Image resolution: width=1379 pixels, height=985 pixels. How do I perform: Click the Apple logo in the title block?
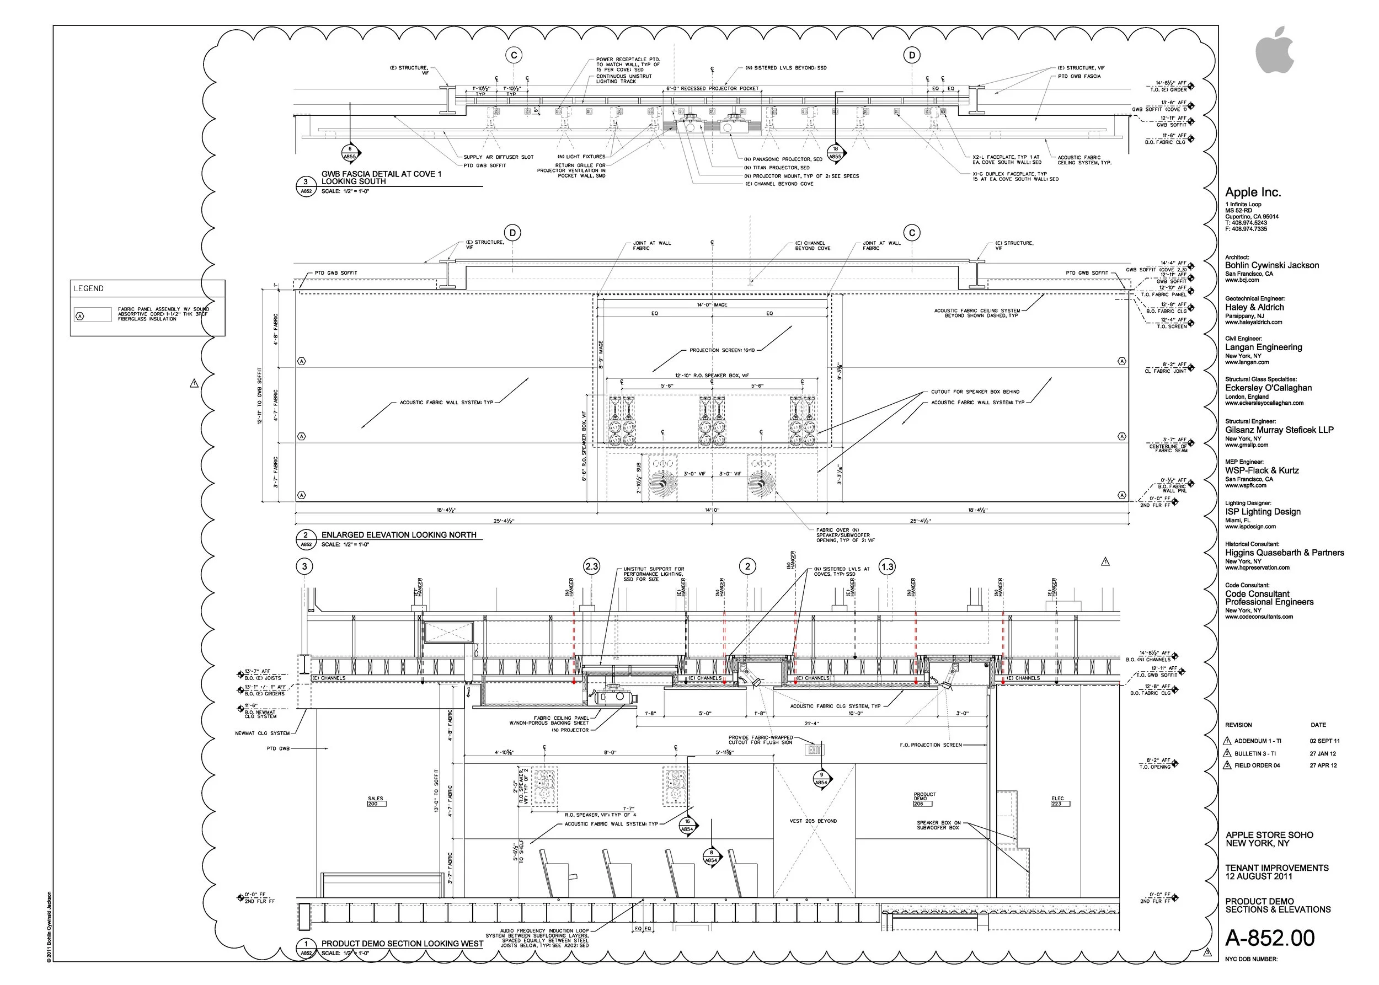pos(1274,50)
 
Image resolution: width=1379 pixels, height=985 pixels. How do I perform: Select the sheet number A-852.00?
pos(1269,938)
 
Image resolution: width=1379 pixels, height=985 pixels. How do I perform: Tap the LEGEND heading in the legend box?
pos(89,288)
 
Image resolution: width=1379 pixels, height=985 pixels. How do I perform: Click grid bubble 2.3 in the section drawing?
pos(591,566)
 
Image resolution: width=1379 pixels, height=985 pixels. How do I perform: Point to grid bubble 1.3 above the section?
pos(887,566)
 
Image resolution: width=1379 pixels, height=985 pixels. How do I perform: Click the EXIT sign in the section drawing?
pos(814,750)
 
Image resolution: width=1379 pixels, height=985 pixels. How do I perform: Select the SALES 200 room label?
pos(376,801)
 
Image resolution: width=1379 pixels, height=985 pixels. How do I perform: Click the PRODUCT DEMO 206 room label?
pos(924,799)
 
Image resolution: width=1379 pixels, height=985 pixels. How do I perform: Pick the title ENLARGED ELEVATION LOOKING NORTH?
pos(399,535)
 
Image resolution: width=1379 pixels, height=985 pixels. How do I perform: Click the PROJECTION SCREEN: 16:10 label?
pos(722,350)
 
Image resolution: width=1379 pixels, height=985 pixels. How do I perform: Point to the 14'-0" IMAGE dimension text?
pos(712,304)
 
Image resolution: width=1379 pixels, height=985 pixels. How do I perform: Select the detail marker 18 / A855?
pos(836,152)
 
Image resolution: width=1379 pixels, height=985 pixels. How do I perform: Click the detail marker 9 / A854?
pos(821,778)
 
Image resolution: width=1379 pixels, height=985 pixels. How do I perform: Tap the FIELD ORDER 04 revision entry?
pos(1257,765)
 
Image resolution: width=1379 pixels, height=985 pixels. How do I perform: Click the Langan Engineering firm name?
pos(1263,347)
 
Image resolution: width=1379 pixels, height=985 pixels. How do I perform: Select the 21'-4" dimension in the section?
pos(812,723)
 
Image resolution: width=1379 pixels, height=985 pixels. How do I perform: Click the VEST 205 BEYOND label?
pos(813,821)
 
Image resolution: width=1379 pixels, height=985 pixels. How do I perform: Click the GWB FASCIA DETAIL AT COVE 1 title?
pos(381,174)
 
